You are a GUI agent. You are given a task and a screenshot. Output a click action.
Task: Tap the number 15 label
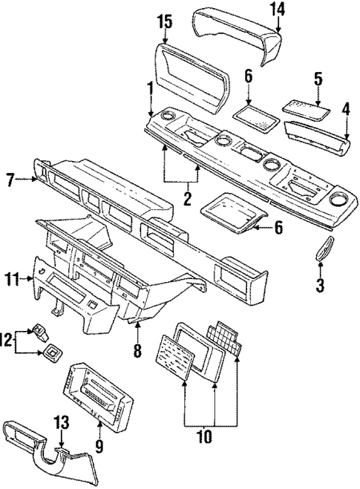(165, 22)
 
